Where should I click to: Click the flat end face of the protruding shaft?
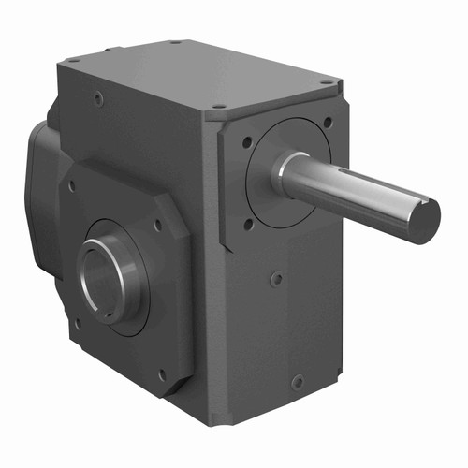(424, 221)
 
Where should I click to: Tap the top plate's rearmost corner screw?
(175, 42)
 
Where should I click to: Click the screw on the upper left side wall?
(99, 95)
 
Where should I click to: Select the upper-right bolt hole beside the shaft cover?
(327, 122)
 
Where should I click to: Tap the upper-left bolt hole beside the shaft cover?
(246, 143)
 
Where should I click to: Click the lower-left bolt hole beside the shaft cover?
(248, 224)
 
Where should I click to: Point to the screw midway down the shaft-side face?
(276, 278)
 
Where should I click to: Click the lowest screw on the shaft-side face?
(298, 382)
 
